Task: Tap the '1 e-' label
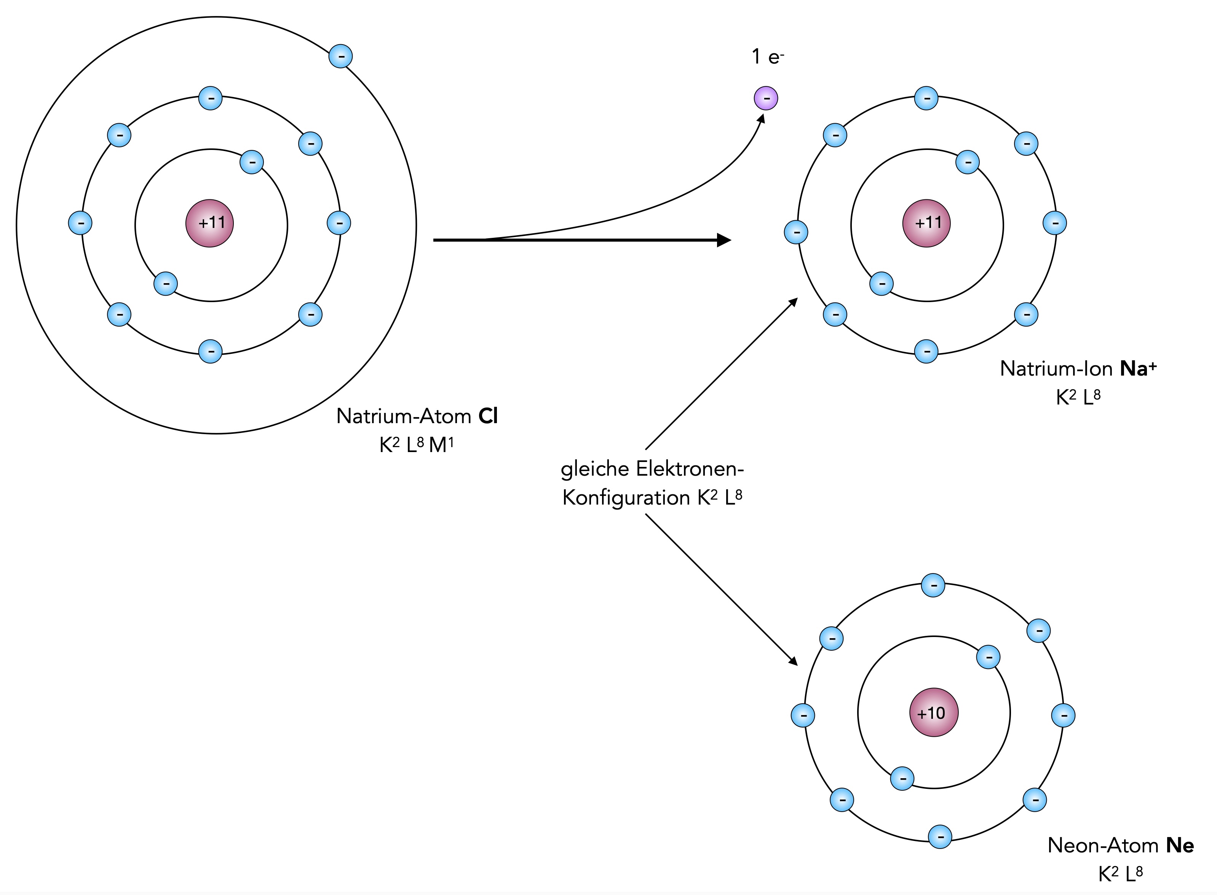click(x=768, y=56)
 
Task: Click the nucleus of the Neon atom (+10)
click(x=933, y=712)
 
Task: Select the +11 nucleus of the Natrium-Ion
click(x=926, y=223)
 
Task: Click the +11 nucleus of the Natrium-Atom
click(x=210, y=223)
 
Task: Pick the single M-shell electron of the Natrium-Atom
click(x=340, y=56)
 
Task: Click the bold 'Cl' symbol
click(x=488, y=416)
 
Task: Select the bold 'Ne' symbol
click(x=1180, y=845)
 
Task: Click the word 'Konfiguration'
click(x=626, y=497)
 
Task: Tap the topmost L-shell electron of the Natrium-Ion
click(x=926, y=98)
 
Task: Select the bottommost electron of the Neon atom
click(x=940, y=836)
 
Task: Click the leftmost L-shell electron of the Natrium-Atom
click(x=80, y=223)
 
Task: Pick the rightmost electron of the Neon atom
click(x=1063, y=715)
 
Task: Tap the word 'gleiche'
click(x=594, y=469)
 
